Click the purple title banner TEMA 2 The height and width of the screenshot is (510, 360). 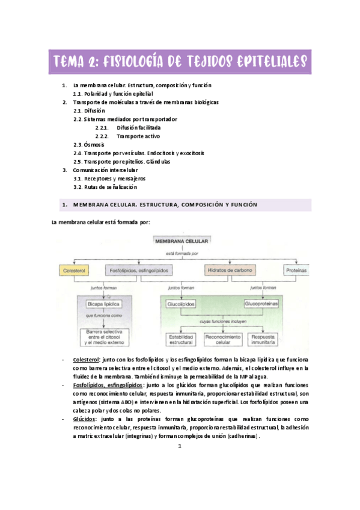click(180, 61)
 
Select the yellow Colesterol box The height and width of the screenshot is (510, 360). click(75, 271)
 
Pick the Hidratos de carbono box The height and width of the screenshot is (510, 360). click(230, 271)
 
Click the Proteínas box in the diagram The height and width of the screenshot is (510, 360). click(297, 271)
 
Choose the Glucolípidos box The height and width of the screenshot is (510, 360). click(181, 304)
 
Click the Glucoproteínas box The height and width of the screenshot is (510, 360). click(262, 304)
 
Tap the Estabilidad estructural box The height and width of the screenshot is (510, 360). click(181, 340)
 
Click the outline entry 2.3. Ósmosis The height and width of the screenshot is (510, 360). click(89, 145)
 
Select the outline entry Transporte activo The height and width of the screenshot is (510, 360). click(138, 137)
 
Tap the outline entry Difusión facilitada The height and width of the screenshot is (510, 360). click(139, 128)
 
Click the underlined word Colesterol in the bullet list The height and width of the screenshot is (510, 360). click(86, 360)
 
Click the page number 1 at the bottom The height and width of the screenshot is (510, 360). click(180, 447)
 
